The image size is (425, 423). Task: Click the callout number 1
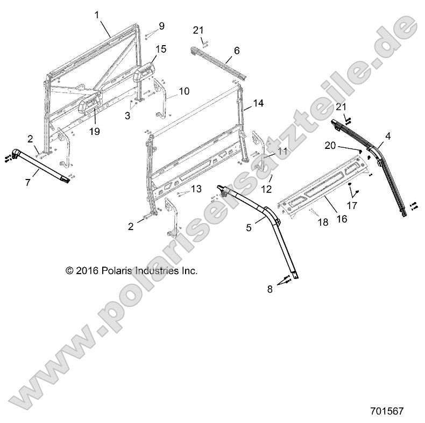tap(97, 16)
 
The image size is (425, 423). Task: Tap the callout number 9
tap(162, 26)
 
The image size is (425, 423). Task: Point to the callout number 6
tap(237, 51)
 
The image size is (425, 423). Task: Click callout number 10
tap(184, 91)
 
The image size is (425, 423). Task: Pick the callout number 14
tap(259, 103)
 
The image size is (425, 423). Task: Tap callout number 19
tap(95, 131)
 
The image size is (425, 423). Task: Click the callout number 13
tap(196, 188)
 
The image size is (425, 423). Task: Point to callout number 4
tap(388, 137)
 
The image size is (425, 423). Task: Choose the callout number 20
tap(330, 145)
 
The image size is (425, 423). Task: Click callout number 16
tap(342, 219)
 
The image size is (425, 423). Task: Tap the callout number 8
tap(270, 289)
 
